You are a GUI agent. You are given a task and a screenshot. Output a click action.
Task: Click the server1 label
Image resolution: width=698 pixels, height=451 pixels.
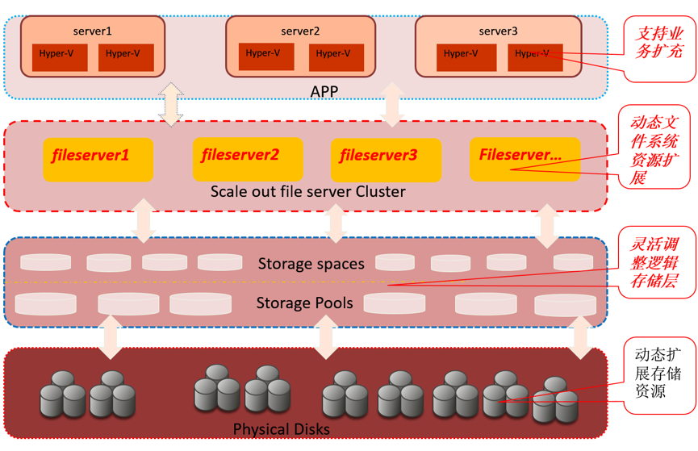click(x=92, y=31)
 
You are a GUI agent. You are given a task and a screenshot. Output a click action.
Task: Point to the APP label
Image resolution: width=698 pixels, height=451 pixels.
click(x=324, y=91)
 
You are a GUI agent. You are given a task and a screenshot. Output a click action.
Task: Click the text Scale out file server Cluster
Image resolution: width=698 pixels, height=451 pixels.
click(x=307, y=192)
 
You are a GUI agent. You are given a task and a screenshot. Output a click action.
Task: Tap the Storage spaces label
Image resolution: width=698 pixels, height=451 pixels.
click(x=311, y=264)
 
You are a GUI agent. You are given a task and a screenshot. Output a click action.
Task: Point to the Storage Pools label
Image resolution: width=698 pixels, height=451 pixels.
click(x=304, y=303)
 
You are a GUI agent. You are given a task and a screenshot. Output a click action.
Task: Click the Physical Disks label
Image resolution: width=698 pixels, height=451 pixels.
click(x=281, y=428)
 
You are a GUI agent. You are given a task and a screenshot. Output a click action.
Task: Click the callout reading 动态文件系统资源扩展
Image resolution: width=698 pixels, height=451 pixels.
click(x=656, y=149)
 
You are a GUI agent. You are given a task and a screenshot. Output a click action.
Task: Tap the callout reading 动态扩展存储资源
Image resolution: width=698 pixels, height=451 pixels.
click(x=658, y=373)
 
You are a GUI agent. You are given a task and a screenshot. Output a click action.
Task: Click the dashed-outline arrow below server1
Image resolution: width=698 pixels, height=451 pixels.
click(x=171, y=103)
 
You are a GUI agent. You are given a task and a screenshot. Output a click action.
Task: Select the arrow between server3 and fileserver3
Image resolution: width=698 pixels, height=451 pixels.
click(x=392, y=103)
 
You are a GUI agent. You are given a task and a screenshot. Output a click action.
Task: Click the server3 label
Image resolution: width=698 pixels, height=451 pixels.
click(x=498, y=31)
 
